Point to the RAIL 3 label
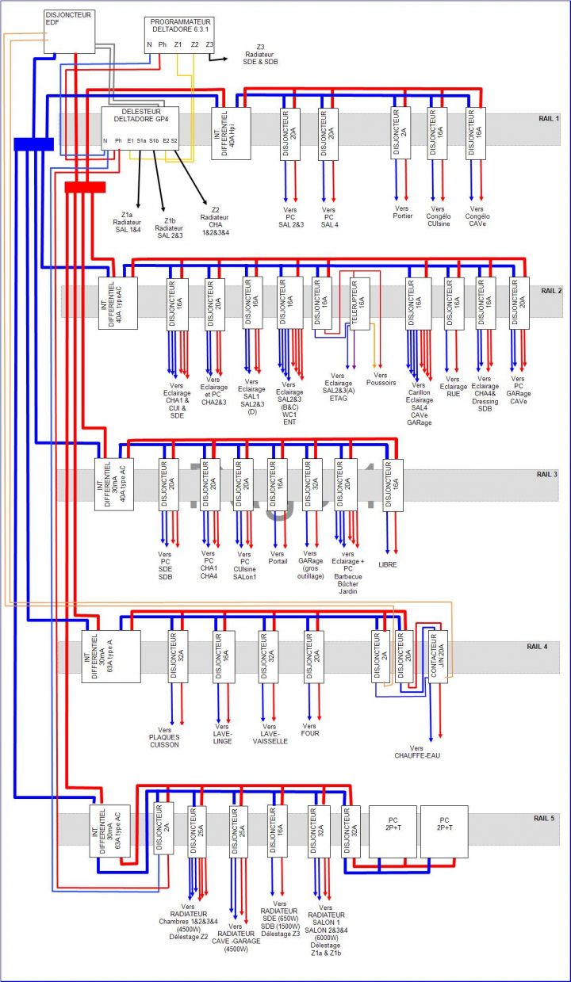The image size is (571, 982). click(x=547, y=474)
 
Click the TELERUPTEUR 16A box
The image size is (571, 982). click(x=360, y=302)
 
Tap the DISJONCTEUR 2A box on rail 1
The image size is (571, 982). click(x=400, y=133)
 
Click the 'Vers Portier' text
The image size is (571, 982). click(x=403, y=212)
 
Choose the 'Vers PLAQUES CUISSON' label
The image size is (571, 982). click(x=164, y=737)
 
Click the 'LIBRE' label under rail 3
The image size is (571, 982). click(x=388, y=564)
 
